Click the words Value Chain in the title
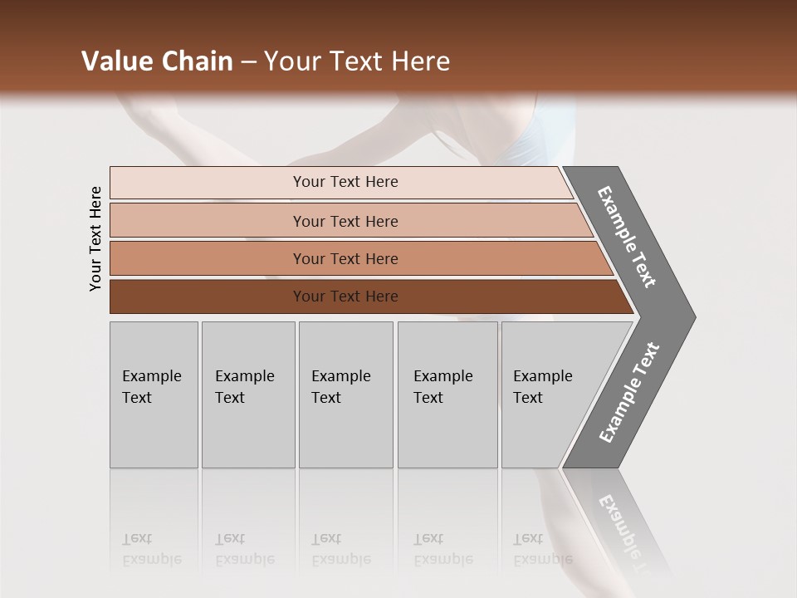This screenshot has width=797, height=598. (157, 61)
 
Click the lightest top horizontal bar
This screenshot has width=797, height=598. (249, 183)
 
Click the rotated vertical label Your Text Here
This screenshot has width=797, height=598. (95, 238)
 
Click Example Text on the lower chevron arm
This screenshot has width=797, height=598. (629, 392)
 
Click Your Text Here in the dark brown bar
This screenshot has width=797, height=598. (345, 297)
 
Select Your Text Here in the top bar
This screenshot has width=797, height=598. (345, 182)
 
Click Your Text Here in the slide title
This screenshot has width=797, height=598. (357, 61)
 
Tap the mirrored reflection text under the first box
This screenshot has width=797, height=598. (151, 549)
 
